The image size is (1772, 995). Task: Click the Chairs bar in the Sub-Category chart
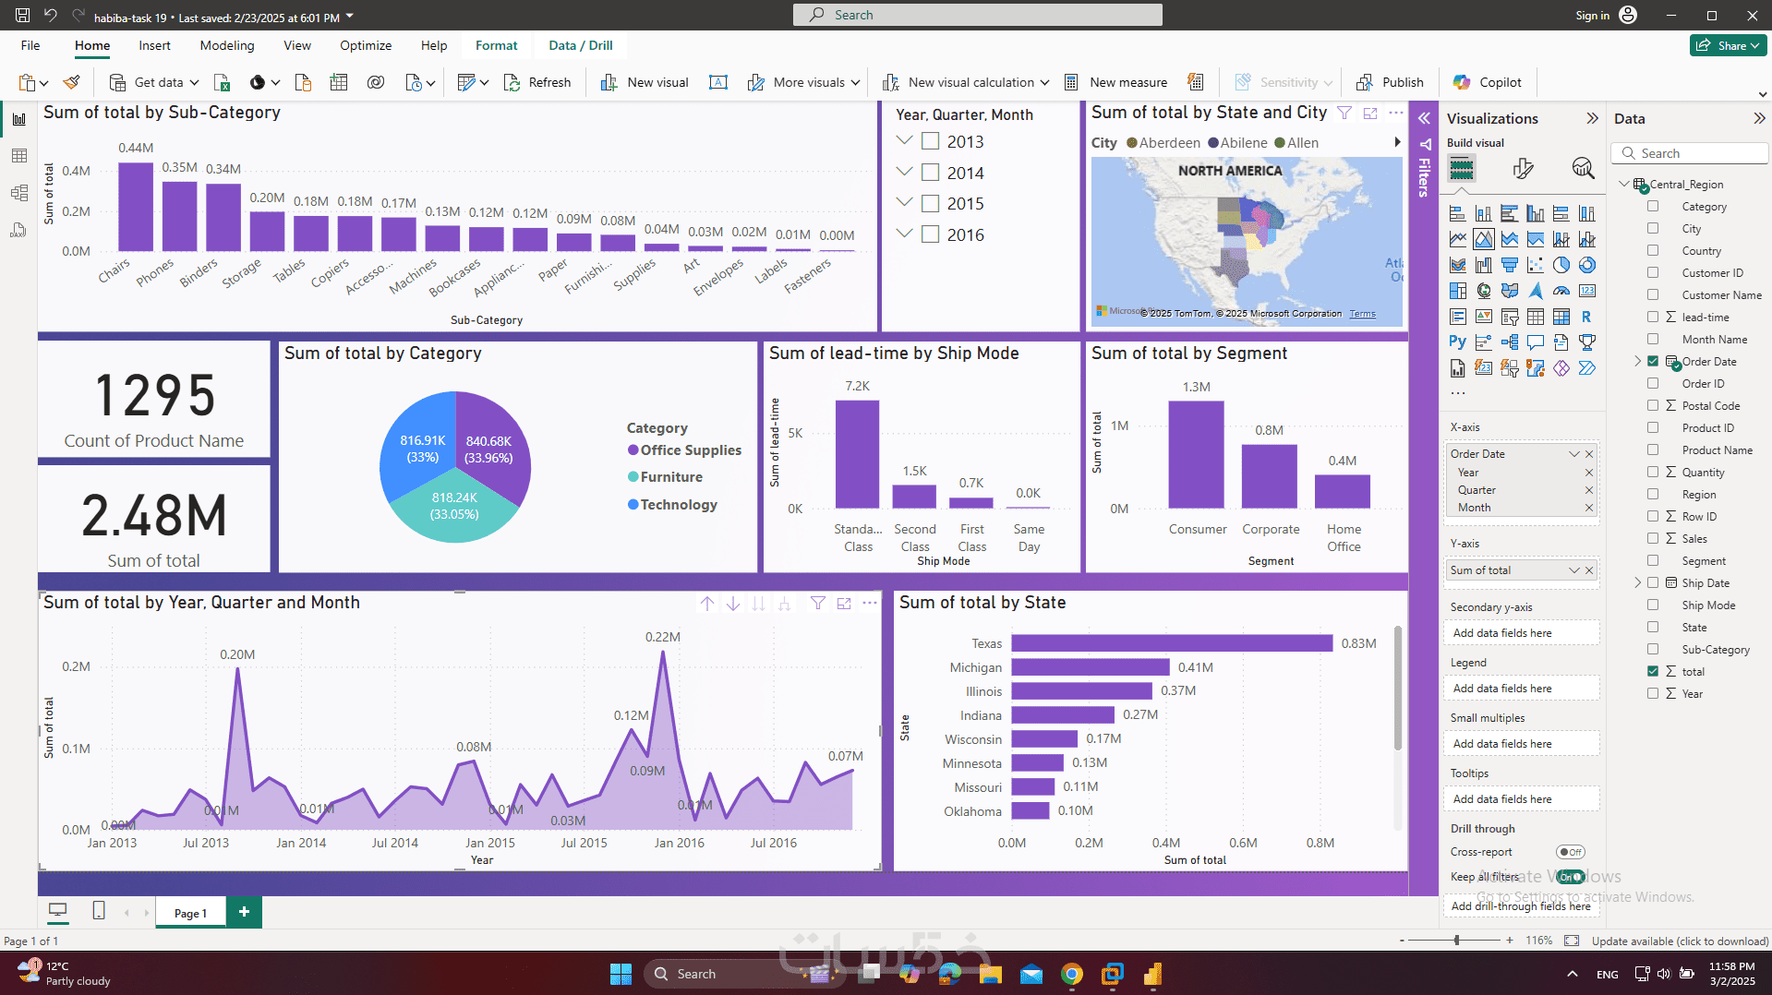[x=136, y=207]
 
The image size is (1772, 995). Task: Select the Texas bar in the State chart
[x=1171, y=643]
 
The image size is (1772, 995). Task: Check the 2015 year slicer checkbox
[x=931, y=204]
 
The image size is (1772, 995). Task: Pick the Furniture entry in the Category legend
[x=671, y=477]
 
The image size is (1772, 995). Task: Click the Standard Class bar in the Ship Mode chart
[x=857, y=454]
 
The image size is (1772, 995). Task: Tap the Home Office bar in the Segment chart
[x=1342, y=492]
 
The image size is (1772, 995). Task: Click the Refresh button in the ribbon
[x=538, y=82]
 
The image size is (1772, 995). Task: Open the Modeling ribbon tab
[x=226, y=45]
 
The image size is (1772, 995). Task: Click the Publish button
[x=1391, y=82]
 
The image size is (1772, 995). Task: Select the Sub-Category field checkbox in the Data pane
[x=1653, y=650]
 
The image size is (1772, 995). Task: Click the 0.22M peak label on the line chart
[x=662, y=637]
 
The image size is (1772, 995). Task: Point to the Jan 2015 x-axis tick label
[x=489, y=843]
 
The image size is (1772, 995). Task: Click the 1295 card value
[x=155, y=395]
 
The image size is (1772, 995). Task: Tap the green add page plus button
[x=244, y=912]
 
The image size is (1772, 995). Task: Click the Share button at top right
[x=1728, y=45]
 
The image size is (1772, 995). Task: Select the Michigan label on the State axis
[x=975, y=667]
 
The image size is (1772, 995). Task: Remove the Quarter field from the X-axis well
[x=1589, y=490]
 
